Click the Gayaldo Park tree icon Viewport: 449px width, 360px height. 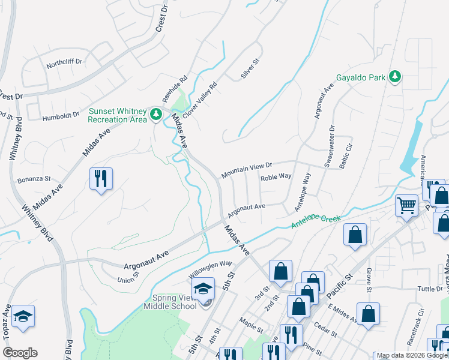click(394, 76)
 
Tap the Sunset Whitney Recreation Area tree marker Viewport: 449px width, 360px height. click(156, 113)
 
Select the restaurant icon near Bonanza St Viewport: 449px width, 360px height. click(100, 179)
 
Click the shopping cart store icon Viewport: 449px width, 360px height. click(406, 205)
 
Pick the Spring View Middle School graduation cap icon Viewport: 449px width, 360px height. click(203, 289)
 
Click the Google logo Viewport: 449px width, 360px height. click(20, 353)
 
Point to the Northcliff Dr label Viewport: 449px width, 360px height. click(64, 61)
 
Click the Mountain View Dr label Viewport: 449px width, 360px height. click(247, 169)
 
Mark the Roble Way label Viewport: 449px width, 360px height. click(276, 176)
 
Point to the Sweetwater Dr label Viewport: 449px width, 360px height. click(330, 146)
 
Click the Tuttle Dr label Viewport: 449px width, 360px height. click(430, 289)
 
